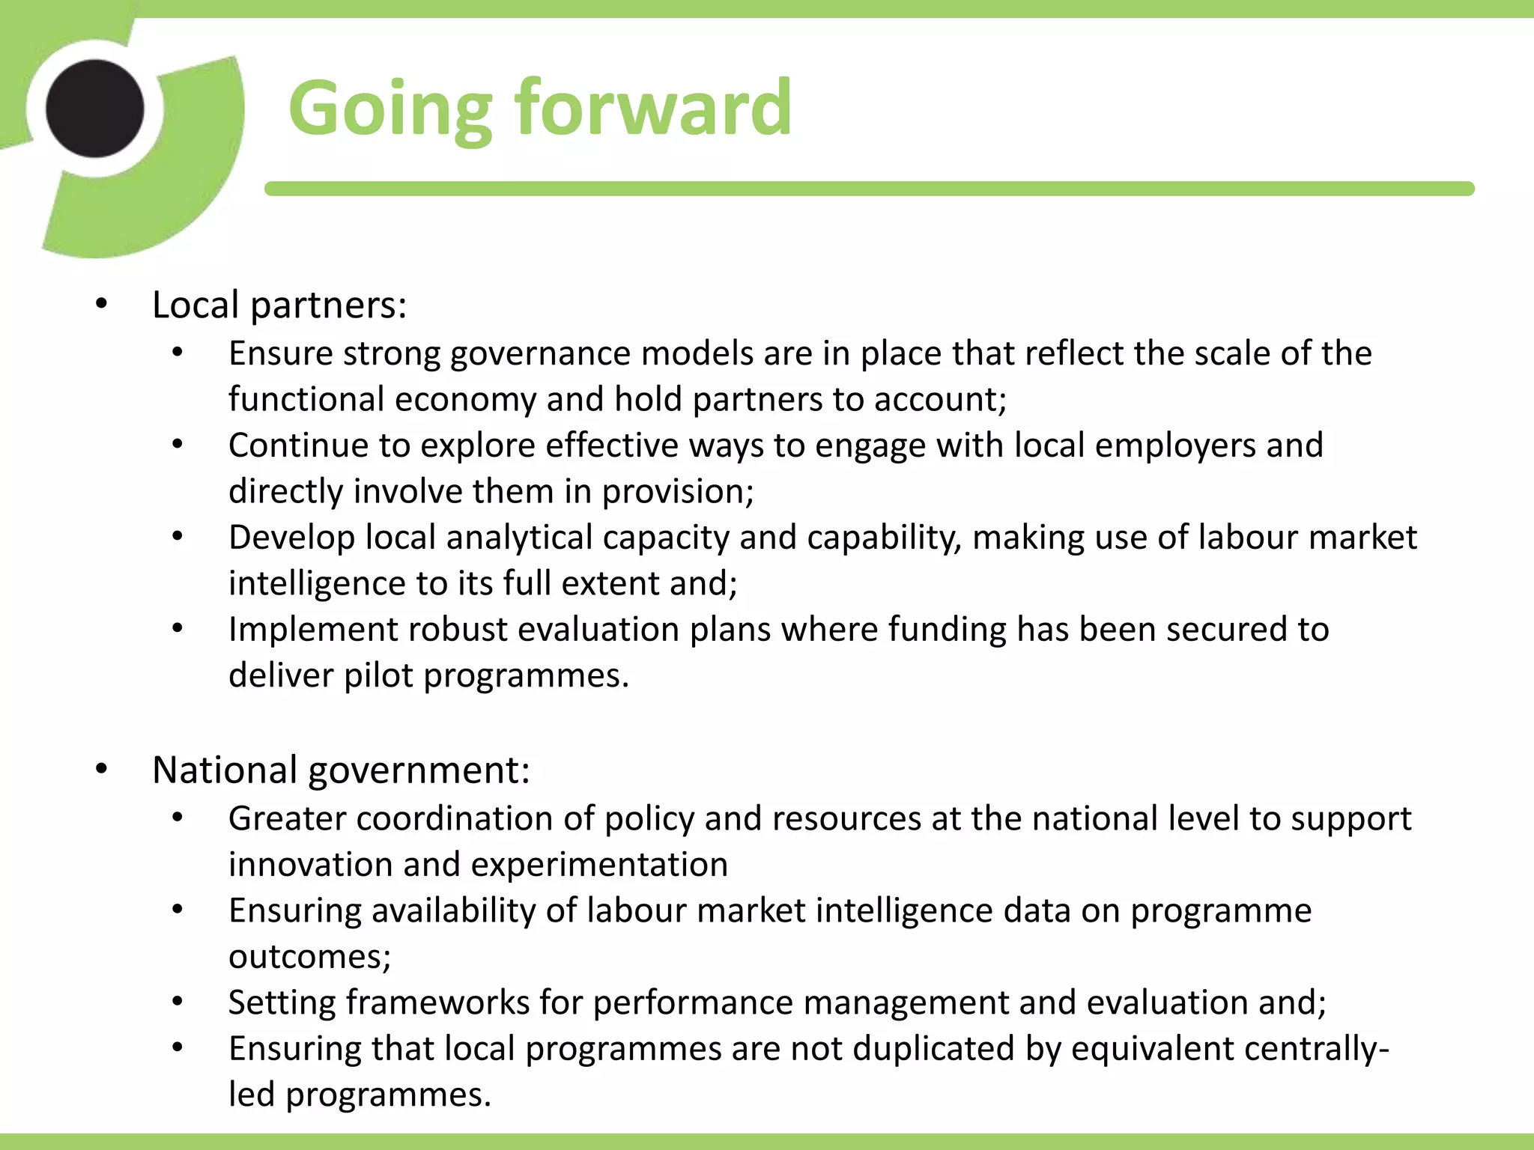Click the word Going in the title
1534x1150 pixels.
coord(389,110)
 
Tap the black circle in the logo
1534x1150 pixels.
coord(95,109)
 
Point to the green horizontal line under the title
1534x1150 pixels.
coord(869,189)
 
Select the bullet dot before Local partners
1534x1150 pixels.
coord(101,305)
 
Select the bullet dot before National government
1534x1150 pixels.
coord(101,770)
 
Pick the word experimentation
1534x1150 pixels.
coord(599,865)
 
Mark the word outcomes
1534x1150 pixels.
coord(309,957)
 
